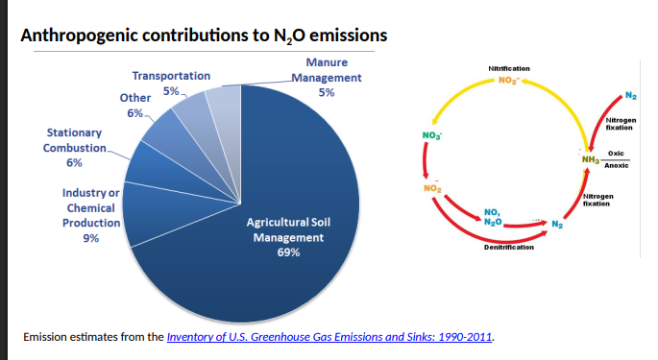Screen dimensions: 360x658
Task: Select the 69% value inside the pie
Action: [288, 252]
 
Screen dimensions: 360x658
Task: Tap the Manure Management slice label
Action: [327, 77]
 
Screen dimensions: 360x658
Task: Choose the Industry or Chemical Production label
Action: [91, 208]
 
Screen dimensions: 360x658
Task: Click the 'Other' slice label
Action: [134, 98]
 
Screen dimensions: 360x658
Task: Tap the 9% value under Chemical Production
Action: [92, 238]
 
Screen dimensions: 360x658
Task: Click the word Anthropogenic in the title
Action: [81, 36]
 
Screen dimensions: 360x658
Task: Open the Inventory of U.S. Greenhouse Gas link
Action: [329, 337]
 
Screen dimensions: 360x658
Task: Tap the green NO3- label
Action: [431, 133]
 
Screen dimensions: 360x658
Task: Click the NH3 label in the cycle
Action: [590, 159]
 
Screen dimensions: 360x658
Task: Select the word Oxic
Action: [616, 154]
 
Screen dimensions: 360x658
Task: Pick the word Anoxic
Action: [616, 165]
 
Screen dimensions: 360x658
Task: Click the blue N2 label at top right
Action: [629, 94]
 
